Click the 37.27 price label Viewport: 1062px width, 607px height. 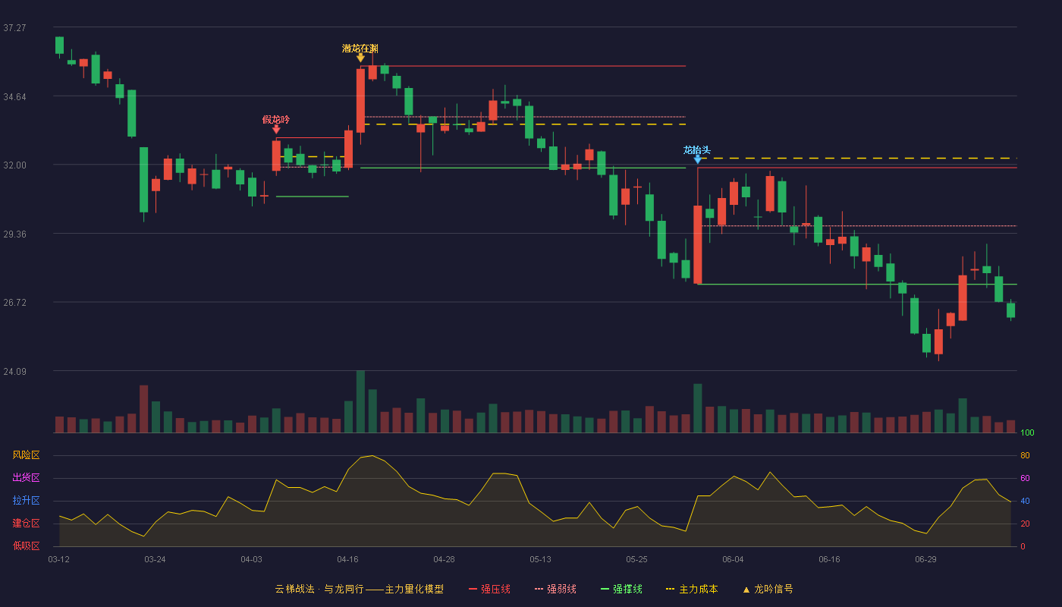(x=14, y=28)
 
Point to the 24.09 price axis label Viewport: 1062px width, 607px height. (x=14, y=371)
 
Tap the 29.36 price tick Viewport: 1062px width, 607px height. (x=14, y=234)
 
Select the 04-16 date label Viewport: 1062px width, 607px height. (x=347, y=560)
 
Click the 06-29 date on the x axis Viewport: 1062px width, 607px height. (x=925, y=560)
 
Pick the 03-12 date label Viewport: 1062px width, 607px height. (x=59, y=560)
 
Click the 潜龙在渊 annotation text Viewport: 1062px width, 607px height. (x=360, y=49)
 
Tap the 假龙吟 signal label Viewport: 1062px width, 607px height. (x=276, y=120)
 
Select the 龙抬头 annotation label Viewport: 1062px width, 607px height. (x=697, y=150)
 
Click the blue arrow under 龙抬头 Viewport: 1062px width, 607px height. (x=697, y=160)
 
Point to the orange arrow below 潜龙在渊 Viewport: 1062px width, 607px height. (x=360, y=58)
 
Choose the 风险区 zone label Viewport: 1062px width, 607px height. (x=26, y=455)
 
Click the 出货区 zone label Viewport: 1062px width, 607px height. (x=26, y=477)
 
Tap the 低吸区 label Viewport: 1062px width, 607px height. (x=26, y=546)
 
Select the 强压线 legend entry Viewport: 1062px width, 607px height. (x=489, y=590)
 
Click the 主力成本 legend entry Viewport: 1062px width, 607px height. (x=692, y=590)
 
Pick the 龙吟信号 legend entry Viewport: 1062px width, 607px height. (x=768, y=590)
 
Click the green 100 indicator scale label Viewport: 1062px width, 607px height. (x=1027, y=432)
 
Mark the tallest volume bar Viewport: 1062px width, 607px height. (x=360, y=401)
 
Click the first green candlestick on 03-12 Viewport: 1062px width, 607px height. (x=59, y=46)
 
